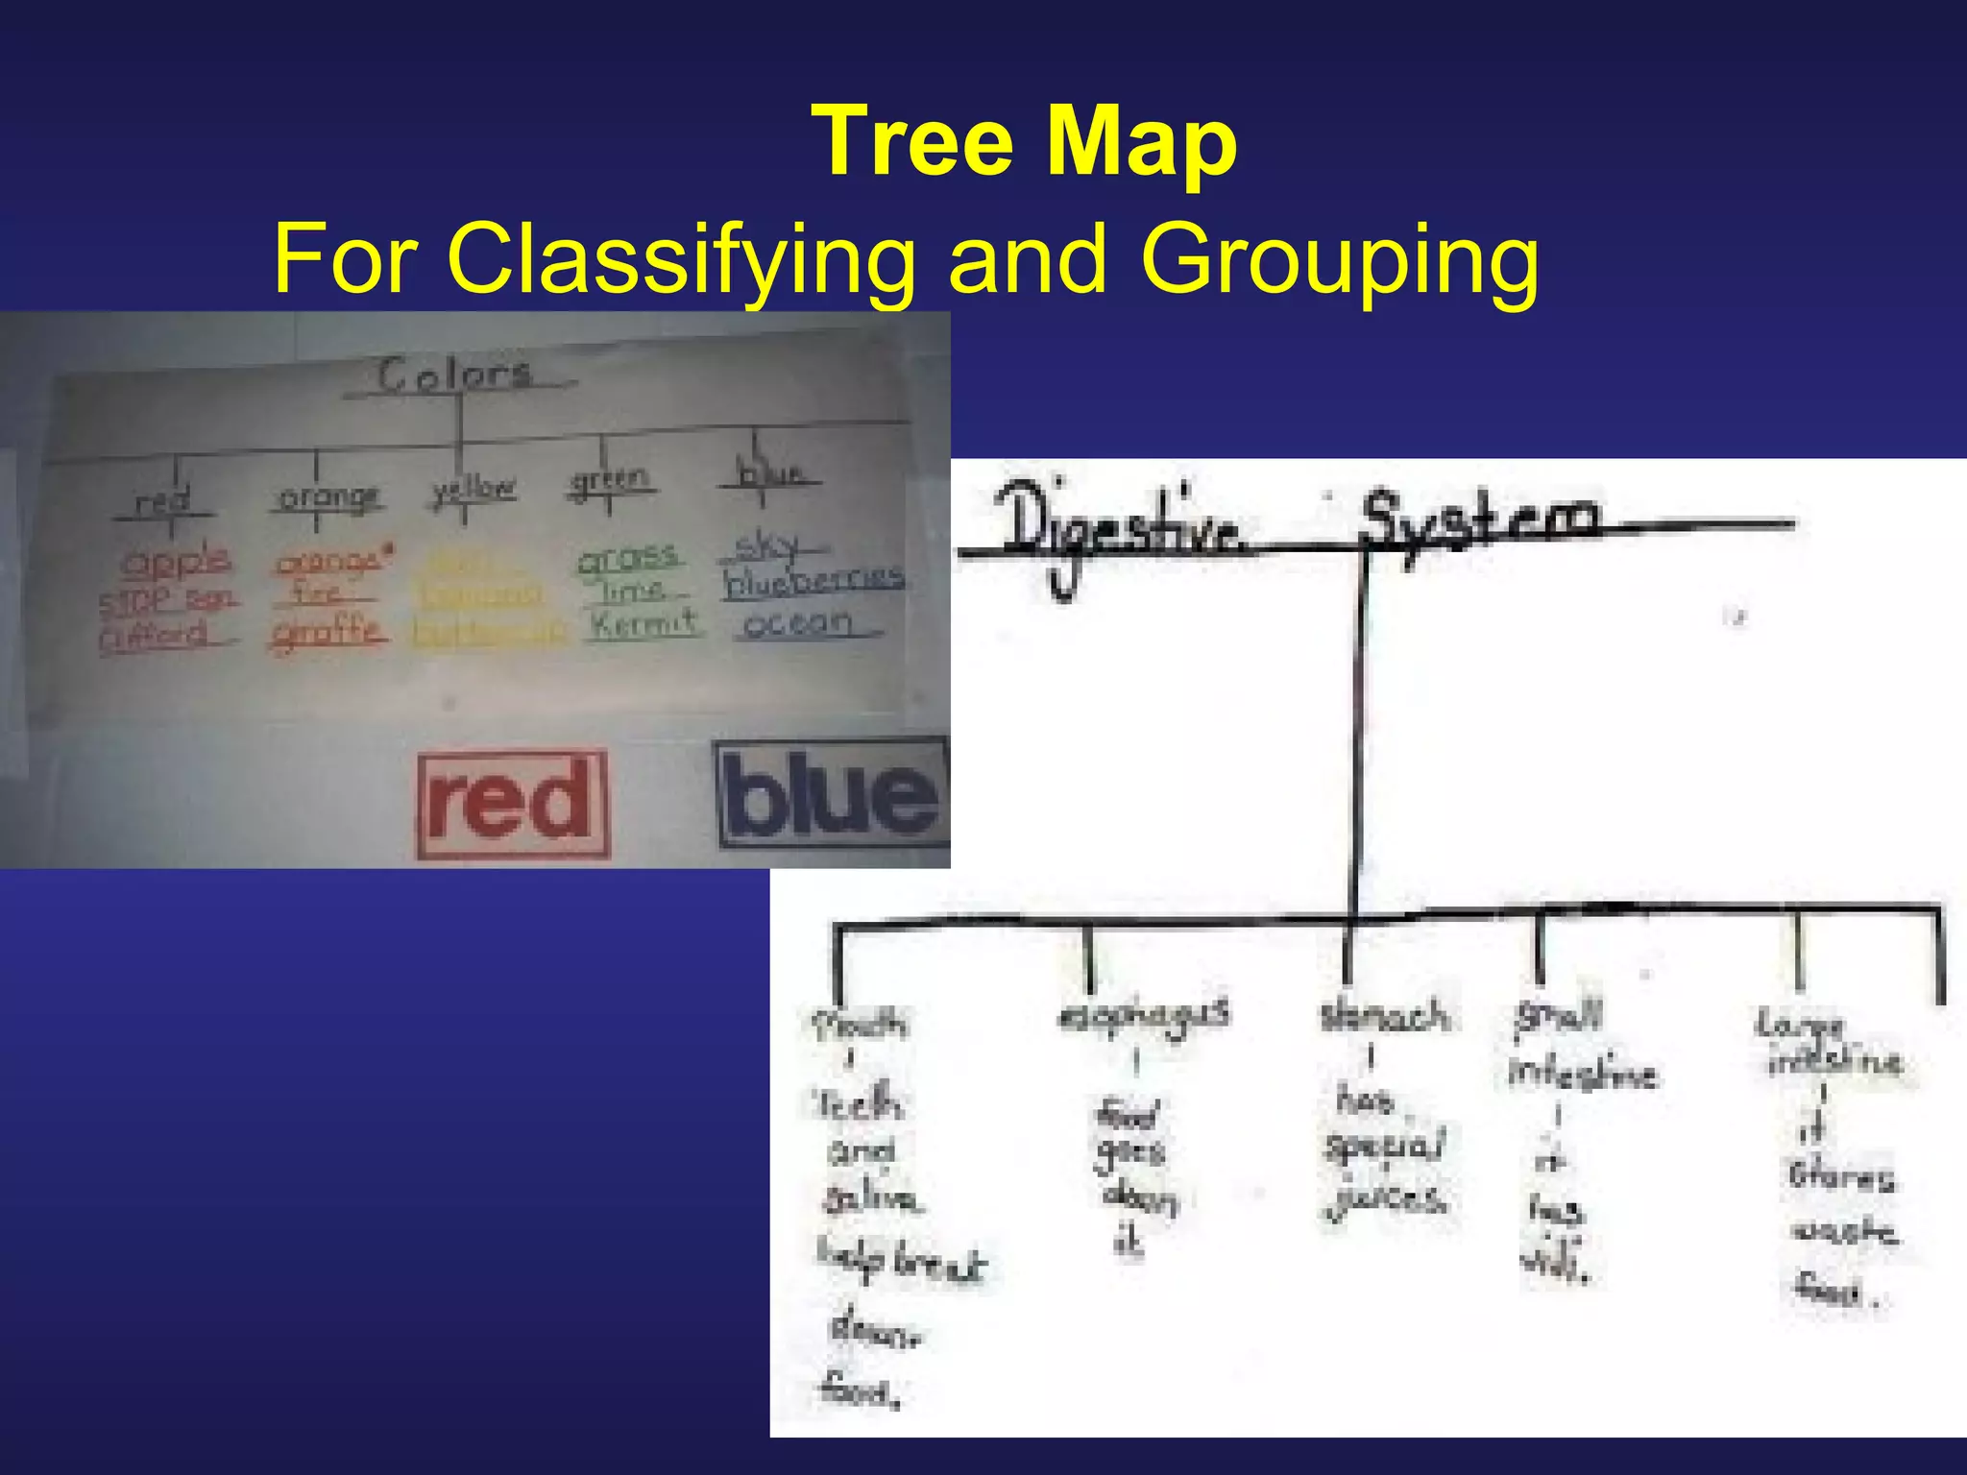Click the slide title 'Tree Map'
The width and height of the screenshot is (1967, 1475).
[x=1024, y=142]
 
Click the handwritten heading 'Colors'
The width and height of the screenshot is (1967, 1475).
[x=454, y=375]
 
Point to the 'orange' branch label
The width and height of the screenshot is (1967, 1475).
[x=328, y=496]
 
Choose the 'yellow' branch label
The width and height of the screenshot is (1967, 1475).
[x=474, y=490]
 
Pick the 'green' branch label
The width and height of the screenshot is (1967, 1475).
[x=609, y=479]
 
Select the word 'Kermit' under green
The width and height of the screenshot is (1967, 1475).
[x=644, y=623]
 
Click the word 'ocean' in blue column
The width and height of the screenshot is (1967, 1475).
[x=797, y=624]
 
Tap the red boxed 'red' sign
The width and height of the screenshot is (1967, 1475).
[x=512, y=804]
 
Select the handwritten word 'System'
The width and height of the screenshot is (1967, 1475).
[x=1480, y=520]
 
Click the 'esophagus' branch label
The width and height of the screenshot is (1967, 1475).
[x=1143, y=1015]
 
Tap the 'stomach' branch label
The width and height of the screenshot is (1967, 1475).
[x=1383, y=1016]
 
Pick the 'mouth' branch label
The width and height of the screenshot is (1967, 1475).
[x=858, y=1025]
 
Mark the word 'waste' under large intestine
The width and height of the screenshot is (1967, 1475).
[x=1843, y=1231]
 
